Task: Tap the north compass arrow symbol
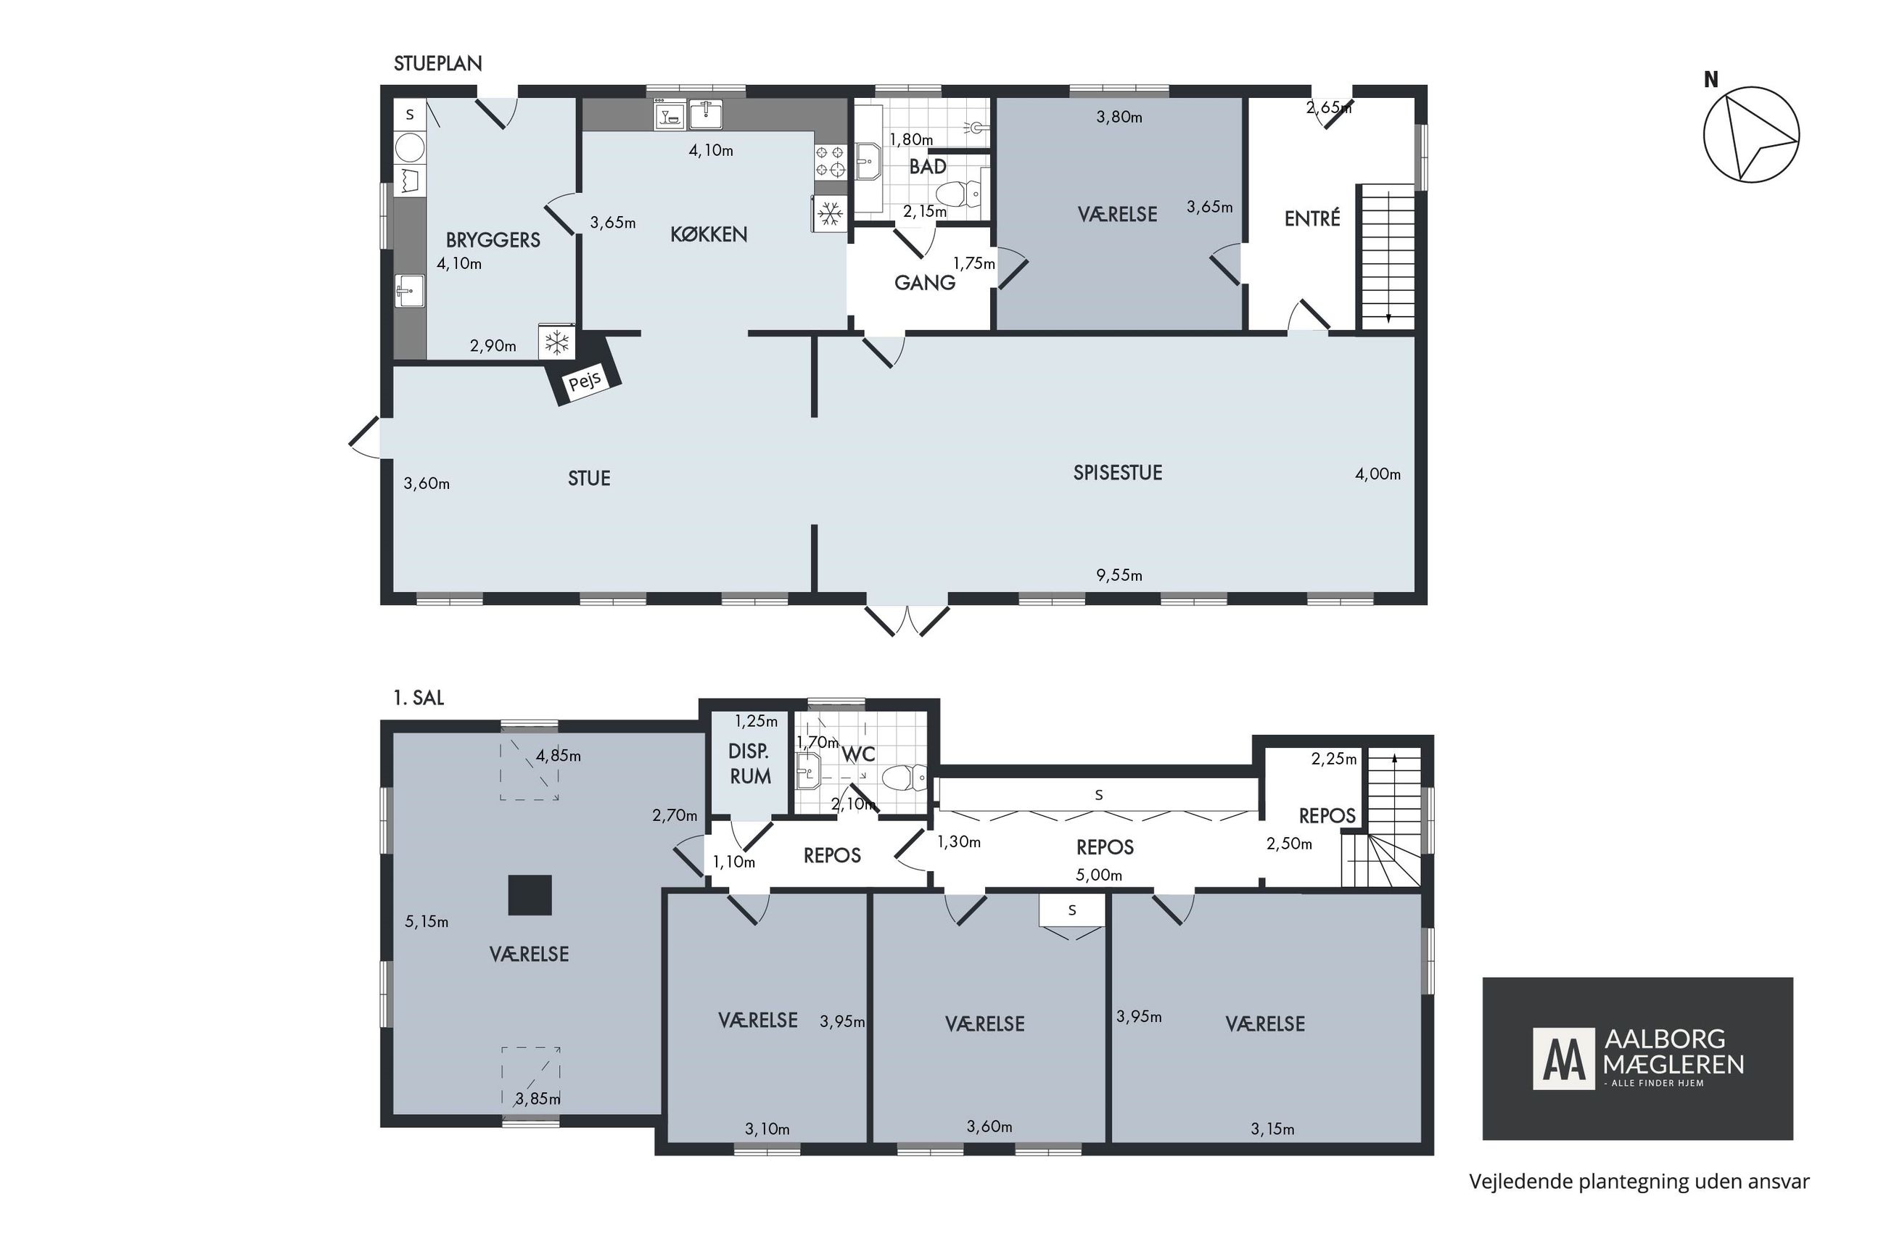tap(1750, 134)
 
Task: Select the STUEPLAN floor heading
tap(437, 63)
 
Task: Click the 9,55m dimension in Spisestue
tap(1119, 574)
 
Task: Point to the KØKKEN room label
tap(709, 234)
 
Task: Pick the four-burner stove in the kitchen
tap(830, 161)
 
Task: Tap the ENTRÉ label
tap(1312, 218)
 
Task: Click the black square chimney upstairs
tap(530, 894)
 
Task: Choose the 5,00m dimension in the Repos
tap(1099, 875)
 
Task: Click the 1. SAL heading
tap(419, 698)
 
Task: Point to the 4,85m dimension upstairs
tap(559, 755)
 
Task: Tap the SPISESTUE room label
tap(1117, 472)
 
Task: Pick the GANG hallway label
tap(925, 282)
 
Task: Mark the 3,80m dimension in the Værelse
tap(1119, 117)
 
